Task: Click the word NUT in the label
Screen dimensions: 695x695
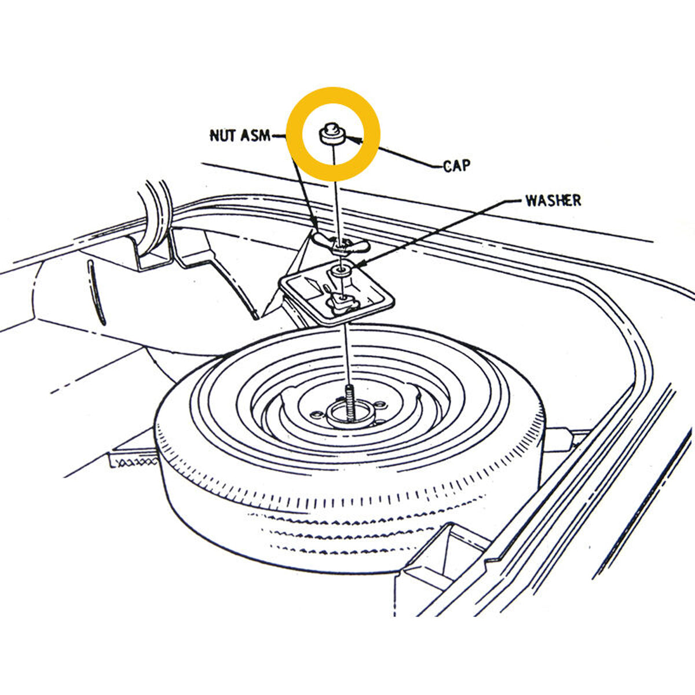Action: tap(223, 136)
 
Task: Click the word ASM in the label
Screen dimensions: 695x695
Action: tap(255, 136)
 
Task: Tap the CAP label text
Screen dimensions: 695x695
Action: tap(456, 166)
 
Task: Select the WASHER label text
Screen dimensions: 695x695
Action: tap(553, 200)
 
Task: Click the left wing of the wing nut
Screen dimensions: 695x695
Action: tap(323, 239)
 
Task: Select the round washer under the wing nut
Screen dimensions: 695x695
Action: tap(340, 270)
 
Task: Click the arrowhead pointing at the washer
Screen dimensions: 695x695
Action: tap(357, 265)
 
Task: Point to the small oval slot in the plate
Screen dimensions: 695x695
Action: tap(326, 288)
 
